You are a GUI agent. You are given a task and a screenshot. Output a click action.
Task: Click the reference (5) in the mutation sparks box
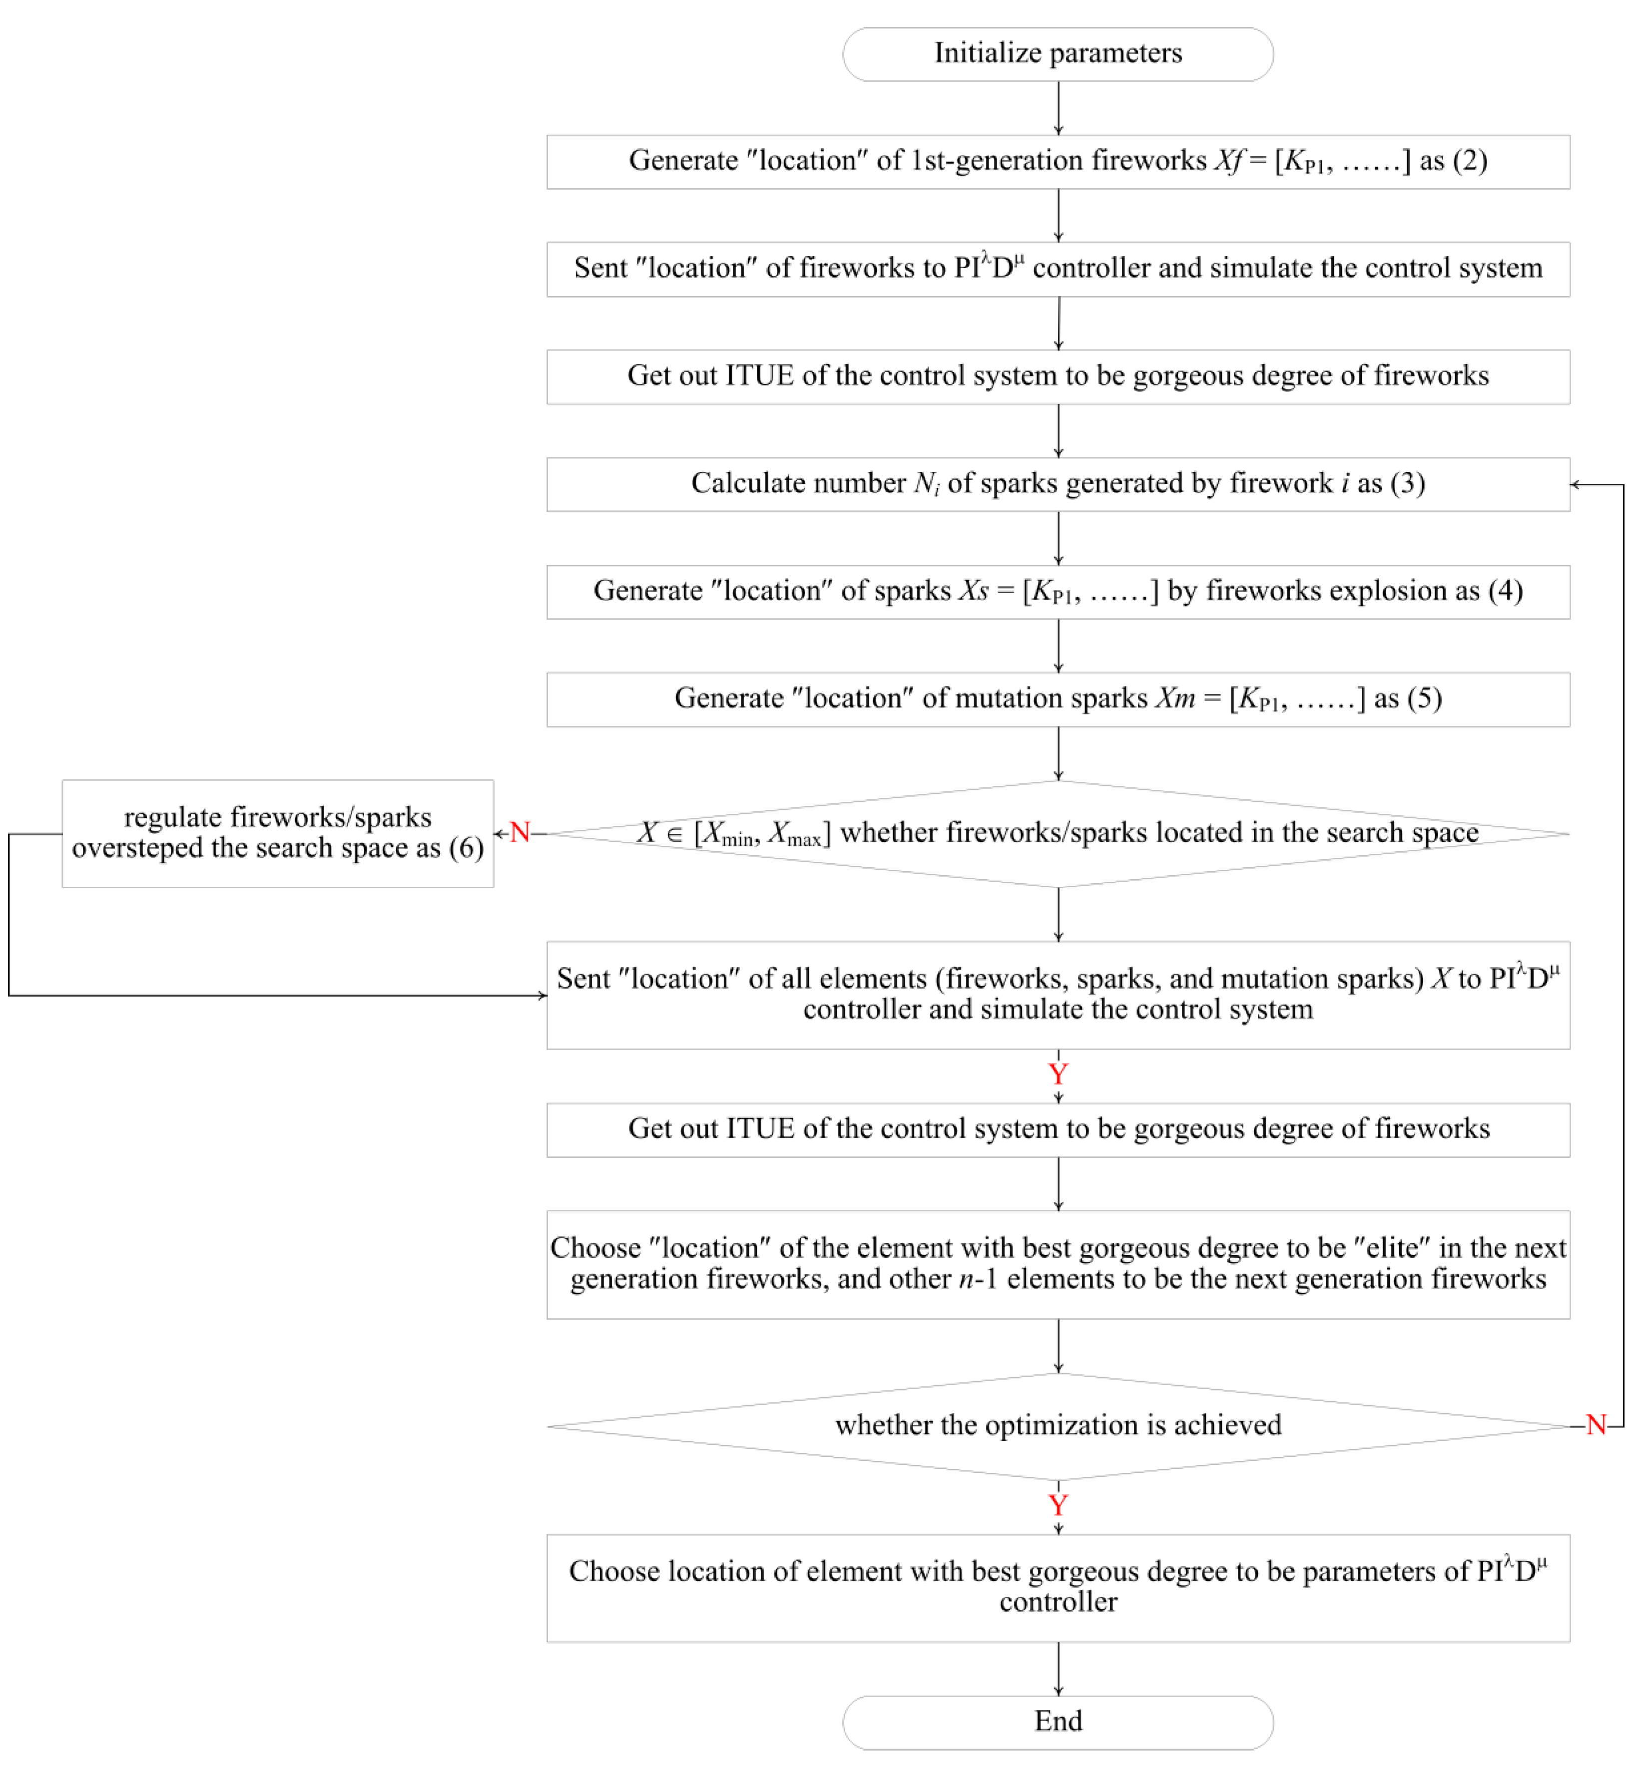click(1424, 698)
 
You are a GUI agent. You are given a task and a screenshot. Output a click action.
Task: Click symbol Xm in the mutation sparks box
click(1174, 698)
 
